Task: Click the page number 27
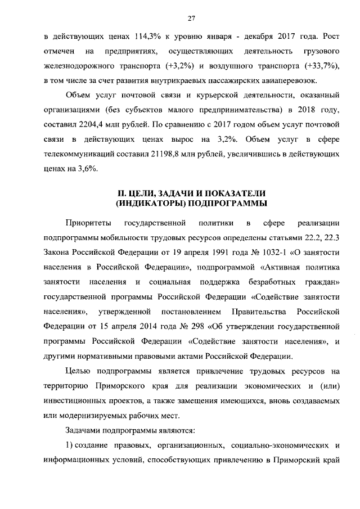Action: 191,18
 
